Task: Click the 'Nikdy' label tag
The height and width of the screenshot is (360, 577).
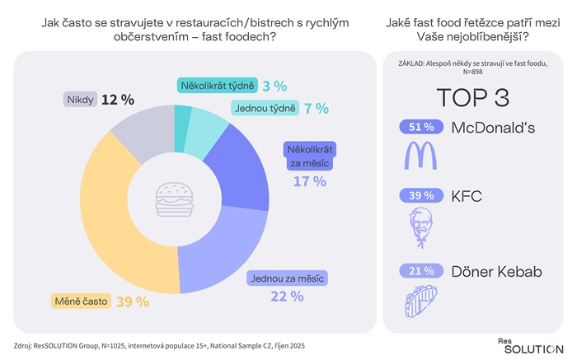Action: click(x=80, y=100)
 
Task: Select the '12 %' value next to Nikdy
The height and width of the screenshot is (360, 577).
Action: click(x=118, y=100)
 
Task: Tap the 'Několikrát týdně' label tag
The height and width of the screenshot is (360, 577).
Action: click(x=216, y=85)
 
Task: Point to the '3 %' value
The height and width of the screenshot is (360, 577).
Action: click(x=274, y=85)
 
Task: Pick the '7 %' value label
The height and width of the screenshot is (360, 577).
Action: click(x=316, y=108)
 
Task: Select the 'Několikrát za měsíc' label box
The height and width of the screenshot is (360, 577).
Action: click(x=307, y=157)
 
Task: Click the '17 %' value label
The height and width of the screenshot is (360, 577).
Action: click(x=310, y=181)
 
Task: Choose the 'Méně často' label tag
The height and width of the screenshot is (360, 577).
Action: click(x=82, y=302)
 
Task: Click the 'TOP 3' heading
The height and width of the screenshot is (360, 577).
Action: click(x=472, y=97)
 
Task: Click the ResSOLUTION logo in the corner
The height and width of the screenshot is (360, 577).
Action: click(x=530, y=345)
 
